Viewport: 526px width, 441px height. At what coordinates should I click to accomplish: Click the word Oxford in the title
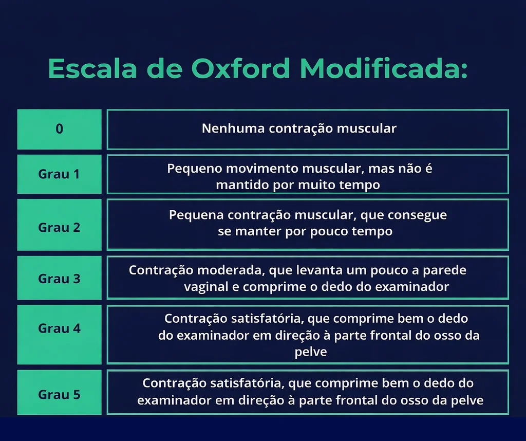tap(240, 68)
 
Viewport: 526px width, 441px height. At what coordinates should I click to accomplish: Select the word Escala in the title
tap(92, 68)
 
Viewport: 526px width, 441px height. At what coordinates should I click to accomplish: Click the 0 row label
tap(60, 129)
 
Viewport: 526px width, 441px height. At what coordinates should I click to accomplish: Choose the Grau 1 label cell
tap(60, 174)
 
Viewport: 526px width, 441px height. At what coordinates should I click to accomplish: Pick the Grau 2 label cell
tap(60, 225)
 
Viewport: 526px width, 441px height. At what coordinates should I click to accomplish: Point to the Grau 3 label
tap(60, 279)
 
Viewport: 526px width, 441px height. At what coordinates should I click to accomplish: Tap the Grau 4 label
tap(60, 328)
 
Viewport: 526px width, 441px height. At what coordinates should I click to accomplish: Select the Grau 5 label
tap(60, 394)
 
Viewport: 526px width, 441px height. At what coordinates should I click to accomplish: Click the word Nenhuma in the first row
tap(233, 128)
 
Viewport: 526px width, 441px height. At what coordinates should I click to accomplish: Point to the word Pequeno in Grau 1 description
tap(195, 169)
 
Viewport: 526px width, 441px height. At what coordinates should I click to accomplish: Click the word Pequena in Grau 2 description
tap(196, 215)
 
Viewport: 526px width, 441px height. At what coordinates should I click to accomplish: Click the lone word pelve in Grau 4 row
tap(311, 352)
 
